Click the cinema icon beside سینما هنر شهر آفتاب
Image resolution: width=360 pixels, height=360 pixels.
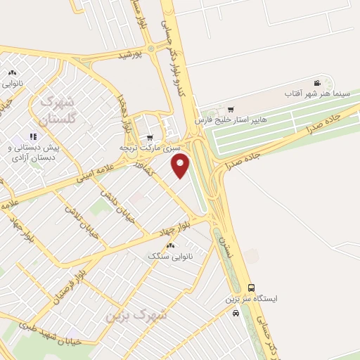317,83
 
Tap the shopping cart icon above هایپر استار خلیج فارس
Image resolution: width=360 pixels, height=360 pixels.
231,109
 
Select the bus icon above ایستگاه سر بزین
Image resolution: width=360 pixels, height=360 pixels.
252,288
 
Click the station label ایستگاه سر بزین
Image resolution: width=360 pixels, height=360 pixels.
251,298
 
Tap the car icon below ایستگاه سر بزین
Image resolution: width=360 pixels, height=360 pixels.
236,312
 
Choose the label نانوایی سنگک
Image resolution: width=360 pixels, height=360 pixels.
167,256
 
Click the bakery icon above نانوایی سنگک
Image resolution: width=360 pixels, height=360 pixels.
170,245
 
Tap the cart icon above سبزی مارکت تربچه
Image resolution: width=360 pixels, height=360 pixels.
149,138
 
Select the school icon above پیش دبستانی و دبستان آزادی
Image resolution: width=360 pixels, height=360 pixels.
32,136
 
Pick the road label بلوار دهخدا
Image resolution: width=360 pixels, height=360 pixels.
127,115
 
